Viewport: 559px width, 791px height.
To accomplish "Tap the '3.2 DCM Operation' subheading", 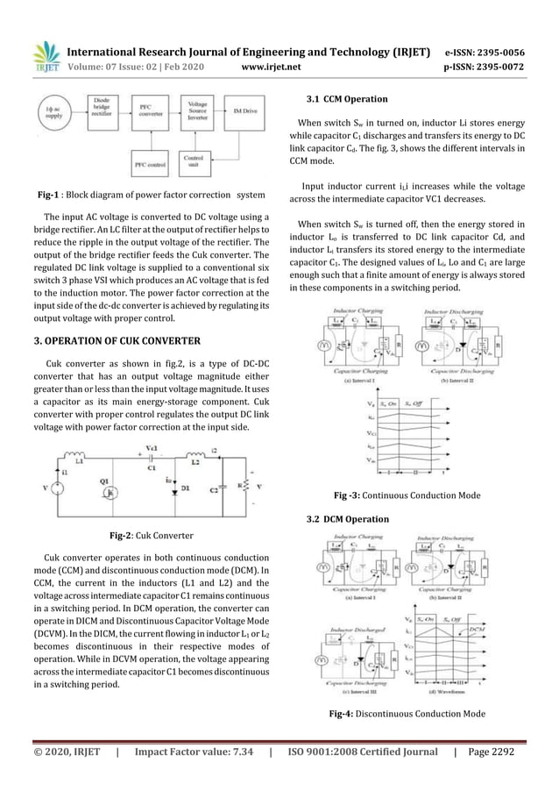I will pos(344,519).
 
